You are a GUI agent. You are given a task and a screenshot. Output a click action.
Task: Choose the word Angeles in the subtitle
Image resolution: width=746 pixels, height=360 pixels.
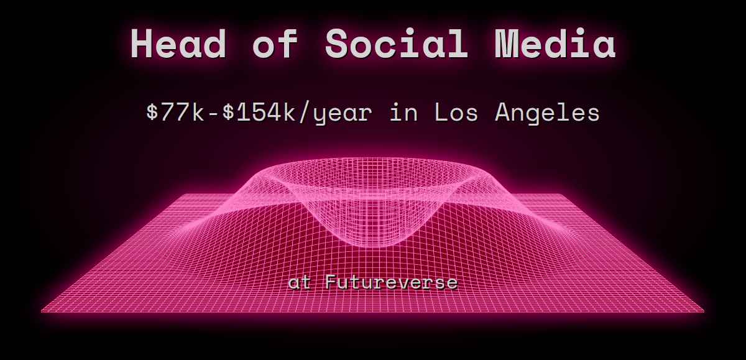click(x=547, y=114)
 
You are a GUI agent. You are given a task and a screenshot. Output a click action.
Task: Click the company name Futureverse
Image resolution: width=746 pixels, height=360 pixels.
click(x=391, y=283)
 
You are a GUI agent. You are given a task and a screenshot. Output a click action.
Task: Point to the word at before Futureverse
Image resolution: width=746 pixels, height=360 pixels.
click(x=299, y=283)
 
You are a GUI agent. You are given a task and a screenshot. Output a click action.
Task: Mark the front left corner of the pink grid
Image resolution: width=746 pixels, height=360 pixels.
click(x=42, y=310)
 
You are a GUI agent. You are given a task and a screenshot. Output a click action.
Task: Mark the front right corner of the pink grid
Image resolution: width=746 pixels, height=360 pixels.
click(x=704, y=310)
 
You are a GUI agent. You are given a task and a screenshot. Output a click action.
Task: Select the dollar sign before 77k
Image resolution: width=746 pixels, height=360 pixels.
click(x=152, y=113)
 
